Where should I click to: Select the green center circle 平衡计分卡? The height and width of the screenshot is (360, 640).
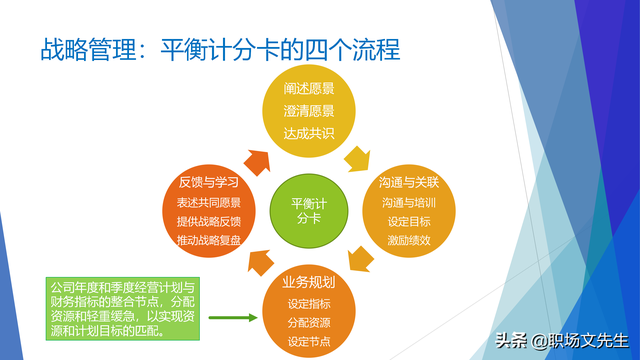[307, 209]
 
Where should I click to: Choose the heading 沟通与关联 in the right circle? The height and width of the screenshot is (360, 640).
[408, 184]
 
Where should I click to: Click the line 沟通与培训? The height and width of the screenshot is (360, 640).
[408, 203]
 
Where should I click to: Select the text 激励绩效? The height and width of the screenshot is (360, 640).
[408, 241]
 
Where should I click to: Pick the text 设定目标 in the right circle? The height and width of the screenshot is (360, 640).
[408, 222]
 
